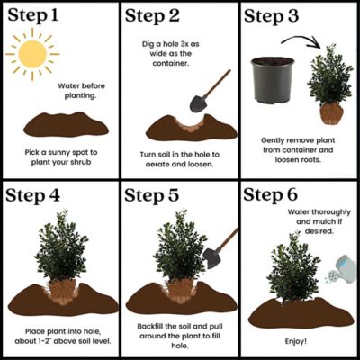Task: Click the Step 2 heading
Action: tap(157, 15)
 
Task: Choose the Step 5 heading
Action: tap(158, 196)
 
